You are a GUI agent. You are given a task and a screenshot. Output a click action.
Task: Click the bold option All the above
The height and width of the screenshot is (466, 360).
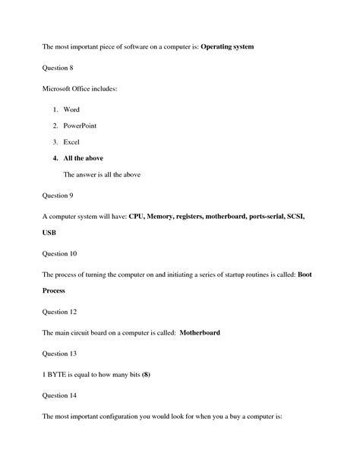point(84,158)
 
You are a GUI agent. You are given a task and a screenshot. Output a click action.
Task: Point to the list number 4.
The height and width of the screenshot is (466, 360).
point(55,158)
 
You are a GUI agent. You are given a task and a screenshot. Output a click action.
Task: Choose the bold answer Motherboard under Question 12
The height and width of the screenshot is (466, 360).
point(200,333)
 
